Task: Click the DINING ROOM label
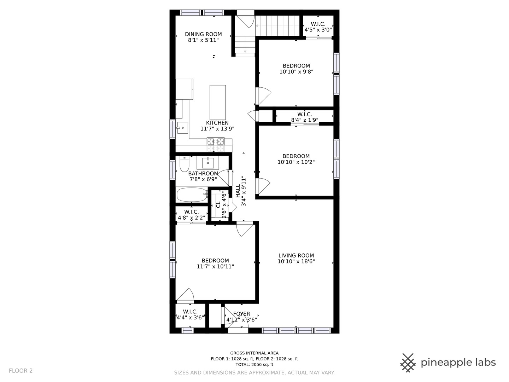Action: (203, 34)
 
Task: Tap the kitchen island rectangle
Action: (217, 102)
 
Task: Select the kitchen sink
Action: (182, 128)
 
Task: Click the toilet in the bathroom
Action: (185, 164)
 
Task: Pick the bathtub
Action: (192, 195)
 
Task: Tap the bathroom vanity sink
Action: (208, 163)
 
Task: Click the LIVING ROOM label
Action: (296, 256)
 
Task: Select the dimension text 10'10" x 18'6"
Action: (296, 261)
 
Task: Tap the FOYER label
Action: (242, 314)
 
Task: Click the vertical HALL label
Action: (238, 191)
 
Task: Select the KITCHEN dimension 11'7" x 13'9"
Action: (217, 129)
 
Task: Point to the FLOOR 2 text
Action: (21, 371)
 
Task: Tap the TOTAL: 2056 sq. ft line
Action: (255, 364)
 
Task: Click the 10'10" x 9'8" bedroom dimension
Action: (296, 72)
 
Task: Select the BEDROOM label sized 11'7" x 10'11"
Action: (215, 261)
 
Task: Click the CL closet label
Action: (218, 205)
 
